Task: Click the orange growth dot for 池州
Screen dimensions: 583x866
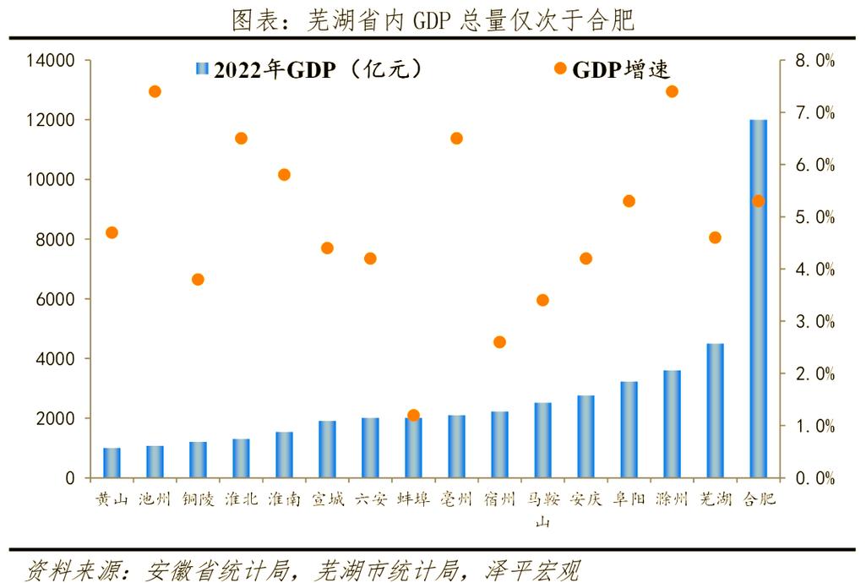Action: point(155,91)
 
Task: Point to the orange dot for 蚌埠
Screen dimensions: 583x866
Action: point(413,416)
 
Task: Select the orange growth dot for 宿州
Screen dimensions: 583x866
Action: point(499,342)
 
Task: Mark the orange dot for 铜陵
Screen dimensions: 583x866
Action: point(198,279)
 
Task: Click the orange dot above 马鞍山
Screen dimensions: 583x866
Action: point(542,300)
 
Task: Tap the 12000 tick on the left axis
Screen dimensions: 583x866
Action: point(53,120)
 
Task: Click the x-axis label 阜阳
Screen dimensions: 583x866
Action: point(629,499)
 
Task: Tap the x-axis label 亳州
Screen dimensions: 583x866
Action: point(456,499)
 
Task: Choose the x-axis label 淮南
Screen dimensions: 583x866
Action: point(284,499)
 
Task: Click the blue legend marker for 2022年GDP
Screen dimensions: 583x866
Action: point(202,69)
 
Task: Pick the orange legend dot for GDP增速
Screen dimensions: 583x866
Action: point(559,68)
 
